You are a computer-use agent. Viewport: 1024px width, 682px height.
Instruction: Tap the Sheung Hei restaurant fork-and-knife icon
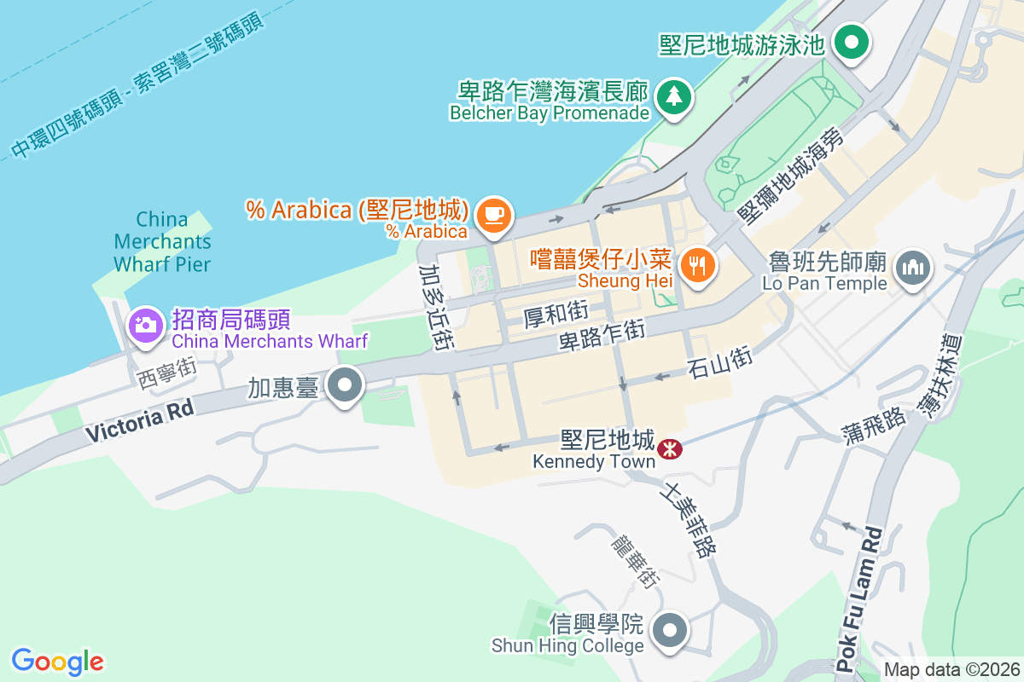(698, 265)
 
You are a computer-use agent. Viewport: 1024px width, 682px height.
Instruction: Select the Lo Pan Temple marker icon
(912, 269)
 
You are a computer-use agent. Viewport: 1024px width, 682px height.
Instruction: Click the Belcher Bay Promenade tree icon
(674, 96)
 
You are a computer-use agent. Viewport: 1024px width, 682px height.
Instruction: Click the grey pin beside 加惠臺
(345, 386)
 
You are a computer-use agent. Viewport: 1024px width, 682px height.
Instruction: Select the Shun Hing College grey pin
(670, 632)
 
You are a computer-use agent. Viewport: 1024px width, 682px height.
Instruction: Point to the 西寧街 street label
(166, 373)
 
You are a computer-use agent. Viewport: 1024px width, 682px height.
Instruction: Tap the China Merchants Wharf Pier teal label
(162, 241)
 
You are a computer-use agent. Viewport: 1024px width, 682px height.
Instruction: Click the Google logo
(57, 661)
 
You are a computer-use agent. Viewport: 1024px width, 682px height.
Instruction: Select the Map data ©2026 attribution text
(951, 670)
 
